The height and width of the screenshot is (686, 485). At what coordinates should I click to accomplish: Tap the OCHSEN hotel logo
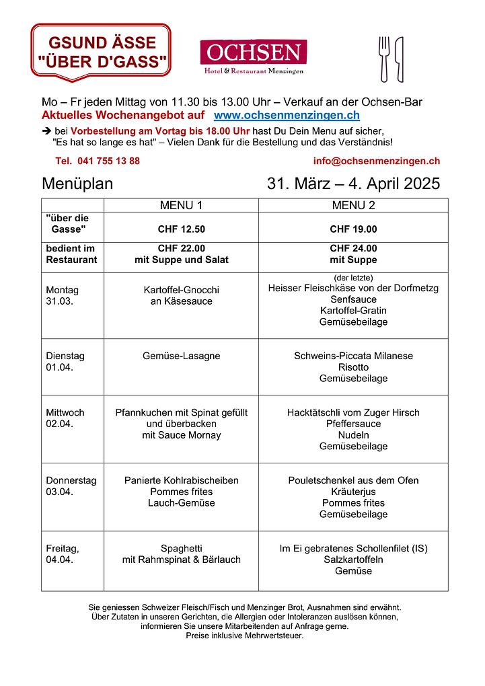point(253,56)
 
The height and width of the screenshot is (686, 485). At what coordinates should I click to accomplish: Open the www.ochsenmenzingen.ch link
point(287,116)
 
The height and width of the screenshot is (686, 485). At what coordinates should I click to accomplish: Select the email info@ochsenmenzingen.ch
point(376,161)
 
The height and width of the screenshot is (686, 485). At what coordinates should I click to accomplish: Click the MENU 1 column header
point(181,205)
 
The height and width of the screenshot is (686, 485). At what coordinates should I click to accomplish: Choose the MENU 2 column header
point(353,205)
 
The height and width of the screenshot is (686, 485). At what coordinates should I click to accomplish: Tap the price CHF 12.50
point(181,229)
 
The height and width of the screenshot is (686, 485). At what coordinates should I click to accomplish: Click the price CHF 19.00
point(353,229)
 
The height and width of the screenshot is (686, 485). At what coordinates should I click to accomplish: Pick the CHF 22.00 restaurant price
point(181,248)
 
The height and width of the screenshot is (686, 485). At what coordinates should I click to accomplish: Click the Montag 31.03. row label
point(63,295)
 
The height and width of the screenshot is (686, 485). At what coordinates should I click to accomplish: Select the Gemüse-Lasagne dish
point(181,356)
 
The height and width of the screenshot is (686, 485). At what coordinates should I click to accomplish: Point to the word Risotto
point(353,367)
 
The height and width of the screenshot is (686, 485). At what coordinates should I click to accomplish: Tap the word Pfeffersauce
point(353,424)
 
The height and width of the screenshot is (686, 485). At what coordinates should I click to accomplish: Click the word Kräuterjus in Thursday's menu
point(353,492)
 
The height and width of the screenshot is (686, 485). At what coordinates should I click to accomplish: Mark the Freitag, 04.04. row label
point(63,554)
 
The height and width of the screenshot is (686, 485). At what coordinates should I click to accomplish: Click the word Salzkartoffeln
point(353,560)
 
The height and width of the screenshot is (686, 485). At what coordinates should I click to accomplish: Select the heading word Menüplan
point(77,184)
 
